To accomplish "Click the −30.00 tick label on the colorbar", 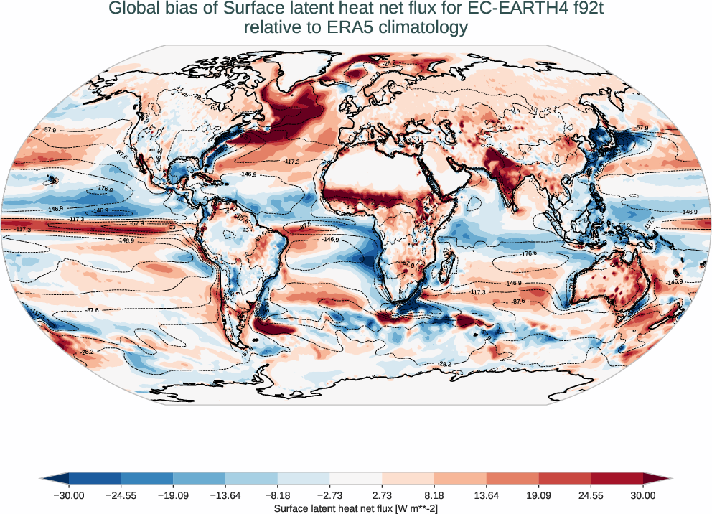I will coord(69,495).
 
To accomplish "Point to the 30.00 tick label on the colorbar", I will coord(643,495).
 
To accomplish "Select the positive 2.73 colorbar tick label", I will coord(382,495).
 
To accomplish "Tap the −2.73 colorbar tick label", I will coord(329,495).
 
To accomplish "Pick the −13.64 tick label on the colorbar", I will coord(225,495).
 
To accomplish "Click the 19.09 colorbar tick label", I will coord(538,495).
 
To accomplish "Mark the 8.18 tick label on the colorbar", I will coord(434,495).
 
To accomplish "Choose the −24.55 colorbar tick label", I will coord(121,495).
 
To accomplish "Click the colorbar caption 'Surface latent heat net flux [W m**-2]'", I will coord(356,508).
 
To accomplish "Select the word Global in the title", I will coord(133,9).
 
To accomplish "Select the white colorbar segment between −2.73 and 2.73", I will coord(356,478).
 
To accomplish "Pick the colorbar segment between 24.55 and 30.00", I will coord(617,478).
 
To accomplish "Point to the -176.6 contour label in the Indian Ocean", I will coord(528,253).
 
